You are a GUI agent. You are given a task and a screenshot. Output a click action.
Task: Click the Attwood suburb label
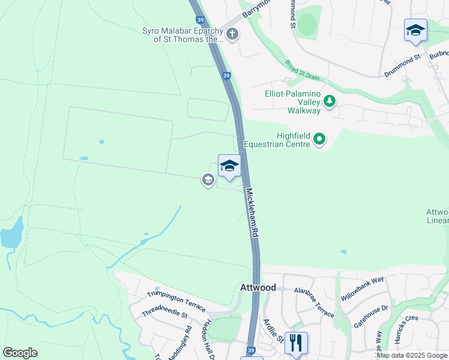258,288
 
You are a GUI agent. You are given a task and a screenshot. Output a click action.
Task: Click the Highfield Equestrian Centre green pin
319,140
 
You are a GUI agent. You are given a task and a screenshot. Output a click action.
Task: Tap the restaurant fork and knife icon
296,343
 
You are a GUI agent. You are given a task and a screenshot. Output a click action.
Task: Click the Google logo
20,353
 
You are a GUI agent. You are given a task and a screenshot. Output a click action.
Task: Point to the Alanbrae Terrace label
314,300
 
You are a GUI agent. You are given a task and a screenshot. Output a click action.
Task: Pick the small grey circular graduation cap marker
208,179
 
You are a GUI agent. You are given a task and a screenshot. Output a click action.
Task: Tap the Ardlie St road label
275,331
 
